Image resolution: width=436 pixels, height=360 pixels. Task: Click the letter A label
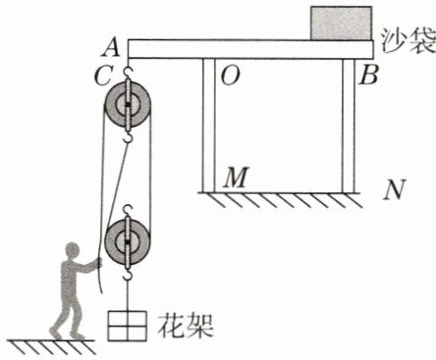click(111, 48)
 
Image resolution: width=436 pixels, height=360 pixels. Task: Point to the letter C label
click(104, 76)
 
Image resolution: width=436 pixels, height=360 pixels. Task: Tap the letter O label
click(231, 76)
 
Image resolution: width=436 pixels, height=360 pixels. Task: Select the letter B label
click(368, 75)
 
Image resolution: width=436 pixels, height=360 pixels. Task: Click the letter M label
click(236, 178)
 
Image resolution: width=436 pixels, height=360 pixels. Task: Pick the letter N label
click(395, 189)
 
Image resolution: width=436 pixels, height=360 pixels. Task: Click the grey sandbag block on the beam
click(341, 24)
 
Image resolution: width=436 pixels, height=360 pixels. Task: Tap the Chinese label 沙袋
click(409, 42)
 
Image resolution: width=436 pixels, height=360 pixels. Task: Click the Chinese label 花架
click(186, 326)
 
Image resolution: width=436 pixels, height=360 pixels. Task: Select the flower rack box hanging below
click(127, 326)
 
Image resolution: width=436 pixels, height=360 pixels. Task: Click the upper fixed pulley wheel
click(128, 104)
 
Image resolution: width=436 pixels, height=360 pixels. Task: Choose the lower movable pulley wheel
click(128, 241)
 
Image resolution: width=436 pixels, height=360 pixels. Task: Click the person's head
click(73, 251)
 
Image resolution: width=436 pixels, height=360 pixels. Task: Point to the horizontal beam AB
click(250, 49)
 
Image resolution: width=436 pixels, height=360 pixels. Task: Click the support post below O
click(209, 126)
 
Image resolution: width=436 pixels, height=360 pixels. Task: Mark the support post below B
click(349, 126)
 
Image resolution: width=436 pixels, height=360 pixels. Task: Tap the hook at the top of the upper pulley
click(128, 73)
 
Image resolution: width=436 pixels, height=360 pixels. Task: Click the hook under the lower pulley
click(128, 273)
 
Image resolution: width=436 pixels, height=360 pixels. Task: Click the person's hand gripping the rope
click(98, 263)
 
